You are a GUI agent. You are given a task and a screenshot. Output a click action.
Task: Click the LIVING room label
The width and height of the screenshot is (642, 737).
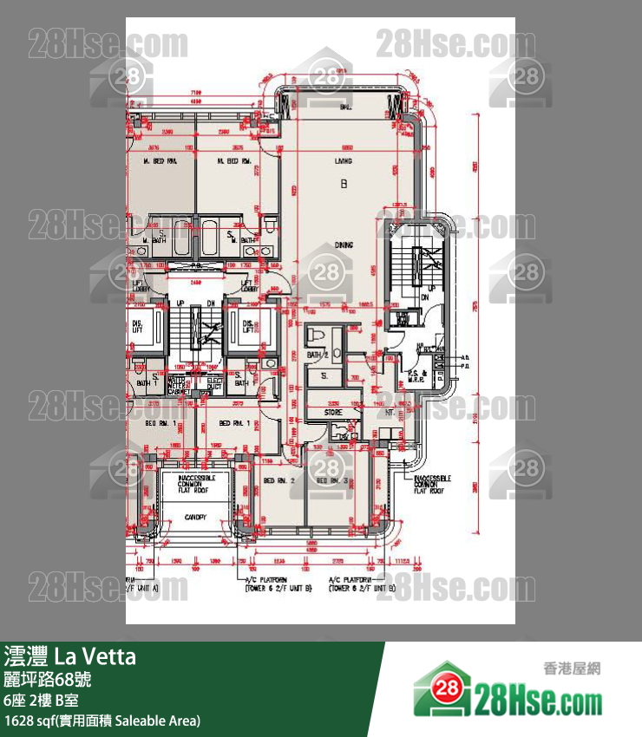point(344,161)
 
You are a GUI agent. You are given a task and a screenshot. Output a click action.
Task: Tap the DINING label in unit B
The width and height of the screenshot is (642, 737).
point(344,245)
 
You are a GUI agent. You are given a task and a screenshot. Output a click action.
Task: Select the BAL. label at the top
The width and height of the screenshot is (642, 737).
point(344,107)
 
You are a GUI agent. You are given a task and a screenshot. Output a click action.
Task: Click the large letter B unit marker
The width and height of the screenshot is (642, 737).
point(344,183)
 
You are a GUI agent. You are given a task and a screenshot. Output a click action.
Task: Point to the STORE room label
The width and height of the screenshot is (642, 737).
point(333,413)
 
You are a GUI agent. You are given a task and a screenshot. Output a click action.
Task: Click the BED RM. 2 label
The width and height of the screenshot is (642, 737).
point(280,480)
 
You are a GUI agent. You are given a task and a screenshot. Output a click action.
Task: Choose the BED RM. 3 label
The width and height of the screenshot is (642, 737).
point(333,480)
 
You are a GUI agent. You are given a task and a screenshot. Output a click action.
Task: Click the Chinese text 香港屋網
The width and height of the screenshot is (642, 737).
point(572,669)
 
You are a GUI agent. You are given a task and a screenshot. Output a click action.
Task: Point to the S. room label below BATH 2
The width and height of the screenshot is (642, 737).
point(324,376)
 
